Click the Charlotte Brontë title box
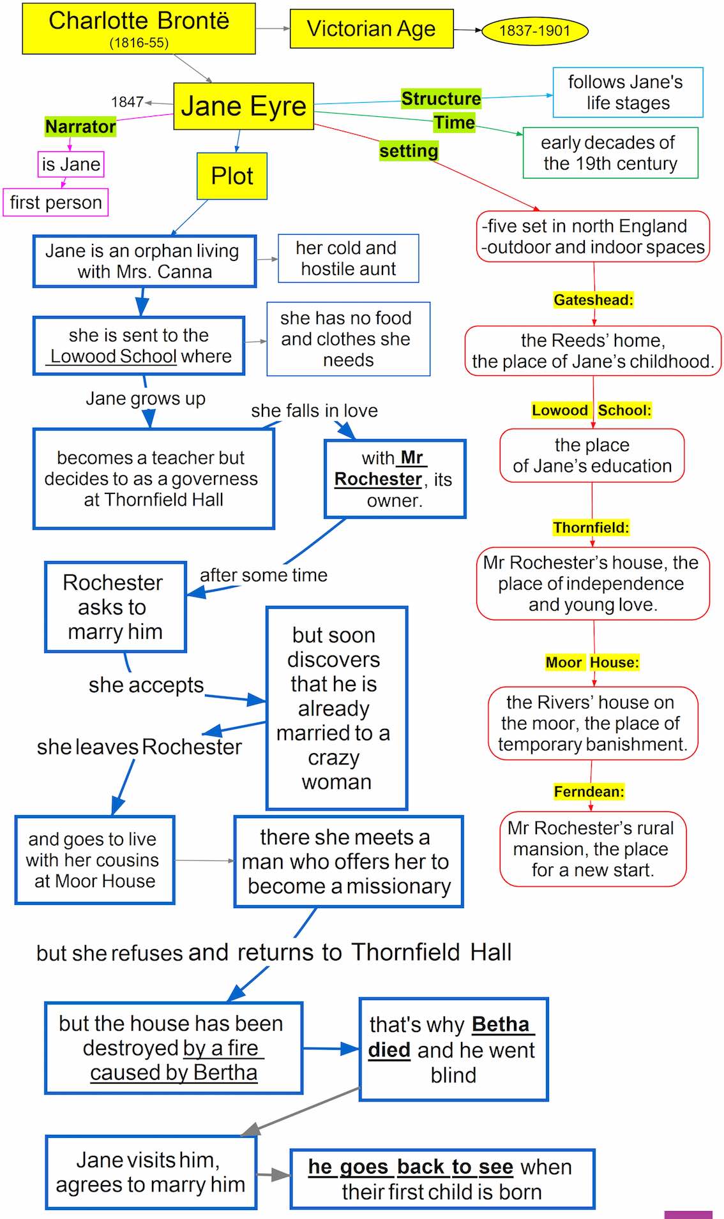click(139, 29)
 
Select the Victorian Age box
click(372, 29)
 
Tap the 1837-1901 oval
click(534, 31)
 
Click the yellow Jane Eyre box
click(243, 106)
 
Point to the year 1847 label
click(127, 102)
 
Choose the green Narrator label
click(80, 126)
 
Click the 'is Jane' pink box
click(71, 164)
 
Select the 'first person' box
click(56, 202)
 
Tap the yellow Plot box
click(232, 176)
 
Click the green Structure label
click(441, 98)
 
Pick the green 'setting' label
click(409, 151)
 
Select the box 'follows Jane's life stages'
click(628, 93)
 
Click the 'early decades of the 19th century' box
click(610, 153)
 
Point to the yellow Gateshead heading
click(593, 300)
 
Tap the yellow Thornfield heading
click(591, 528)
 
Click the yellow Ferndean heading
click(589, 791)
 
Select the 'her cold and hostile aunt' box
click(349, 258)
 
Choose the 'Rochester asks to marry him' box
click(116, 607)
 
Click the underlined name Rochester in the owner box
click(378, 479)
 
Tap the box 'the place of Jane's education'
click(592, 456)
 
